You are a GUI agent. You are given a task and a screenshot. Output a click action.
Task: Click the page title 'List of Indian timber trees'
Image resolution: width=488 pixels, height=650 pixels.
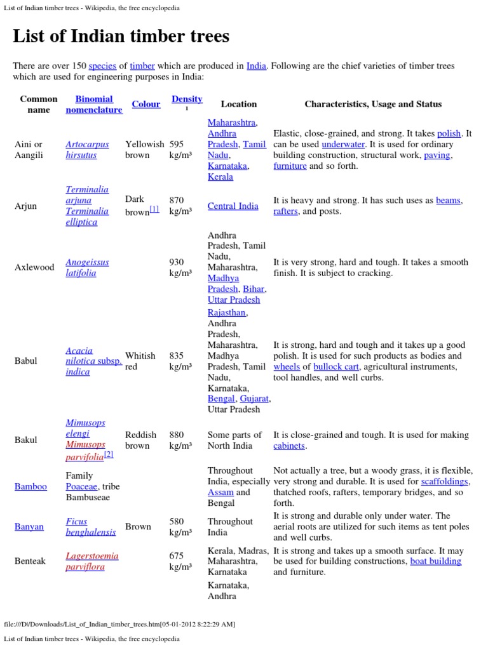[x=121, y=36]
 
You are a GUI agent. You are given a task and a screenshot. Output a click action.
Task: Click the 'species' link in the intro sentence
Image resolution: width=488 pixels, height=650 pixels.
[x=102, y=66]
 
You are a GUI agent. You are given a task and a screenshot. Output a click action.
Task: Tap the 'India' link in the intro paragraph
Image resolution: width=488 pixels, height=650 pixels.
[x=256, y=66]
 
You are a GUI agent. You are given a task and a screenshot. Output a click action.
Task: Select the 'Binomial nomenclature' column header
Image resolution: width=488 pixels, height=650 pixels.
[x=93, y=104]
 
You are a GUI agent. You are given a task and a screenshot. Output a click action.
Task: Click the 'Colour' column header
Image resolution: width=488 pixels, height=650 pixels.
[x=146, y=104]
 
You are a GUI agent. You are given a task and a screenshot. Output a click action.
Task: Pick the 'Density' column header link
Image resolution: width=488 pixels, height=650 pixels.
[x=187, y=99]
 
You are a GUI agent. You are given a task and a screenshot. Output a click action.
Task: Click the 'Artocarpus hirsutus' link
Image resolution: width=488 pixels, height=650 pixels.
[x=87, y=150]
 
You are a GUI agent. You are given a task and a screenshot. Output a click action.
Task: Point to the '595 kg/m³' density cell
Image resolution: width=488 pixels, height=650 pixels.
[x=180, y=150]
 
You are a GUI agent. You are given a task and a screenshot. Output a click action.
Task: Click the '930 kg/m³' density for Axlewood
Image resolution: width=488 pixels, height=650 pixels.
[x=180, y=267]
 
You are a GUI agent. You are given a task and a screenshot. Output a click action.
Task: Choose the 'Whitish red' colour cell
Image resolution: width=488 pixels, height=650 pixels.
[x=140, y=361]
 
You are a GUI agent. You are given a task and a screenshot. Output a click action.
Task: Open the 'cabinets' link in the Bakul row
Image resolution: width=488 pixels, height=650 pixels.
[x=289, y=446]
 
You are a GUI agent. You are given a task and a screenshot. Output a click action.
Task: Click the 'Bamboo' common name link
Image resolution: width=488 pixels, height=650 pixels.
[x=30, y=486]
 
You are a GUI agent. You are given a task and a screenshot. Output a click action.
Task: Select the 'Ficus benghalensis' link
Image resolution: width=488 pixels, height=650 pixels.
[x=90, y=527]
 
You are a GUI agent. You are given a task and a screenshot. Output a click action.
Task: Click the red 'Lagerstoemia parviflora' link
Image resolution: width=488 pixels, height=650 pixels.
[x=91, y=561]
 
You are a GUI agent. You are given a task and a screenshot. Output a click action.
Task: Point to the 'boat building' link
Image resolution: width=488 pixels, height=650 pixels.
[x=436, y=561]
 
